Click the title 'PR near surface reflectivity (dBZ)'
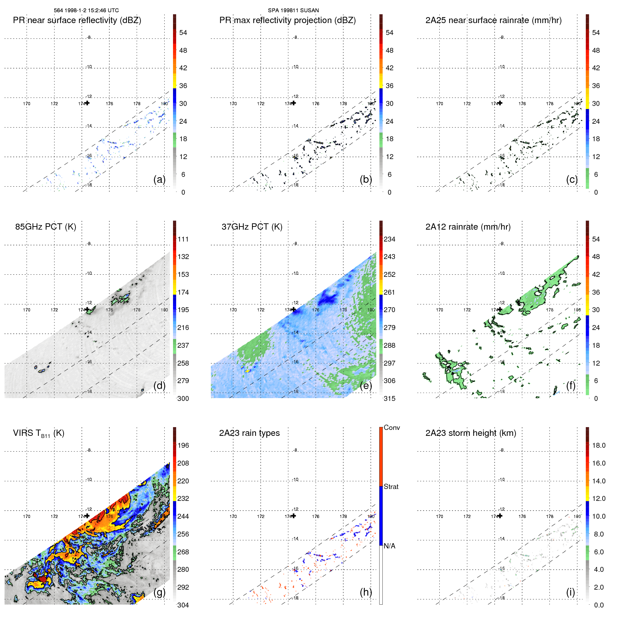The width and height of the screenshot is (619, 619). [77, 20]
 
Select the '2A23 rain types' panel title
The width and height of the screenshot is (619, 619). [249, 433]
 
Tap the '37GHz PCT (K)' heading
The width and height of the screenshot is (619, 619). [252, 227]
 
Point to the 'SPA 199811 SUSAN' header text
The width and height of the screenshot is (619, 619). [293, 10]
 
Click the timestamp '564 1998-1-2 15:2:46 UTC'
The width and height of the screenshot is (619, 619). [86, 10]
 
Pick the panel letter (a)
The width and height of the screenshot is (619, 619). [159, 179]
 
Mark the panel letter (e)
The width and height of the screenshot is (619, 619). [366, 386]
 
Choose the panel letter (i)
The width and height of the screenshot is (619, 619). [570, 592]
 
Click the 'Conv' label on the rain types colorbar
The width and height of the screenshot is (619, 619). [392, 427]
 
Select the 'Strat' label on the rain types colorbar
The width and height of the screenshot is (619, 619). [391, 487]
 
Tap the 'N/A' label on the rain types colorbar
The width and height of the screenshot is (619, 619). [389, 546]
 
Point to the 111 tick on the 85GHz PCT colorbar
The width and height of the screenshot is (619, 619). [183, 239]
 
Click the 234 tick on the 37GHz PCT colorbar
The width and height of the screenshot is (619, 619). [389, 239]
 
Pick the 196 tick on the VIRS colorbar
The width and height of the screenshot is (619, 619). [183, 445]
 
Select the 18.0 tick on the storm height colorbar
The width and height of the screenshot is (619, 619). [599, 445]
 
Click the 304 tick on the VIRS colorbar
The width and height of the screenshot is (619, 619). [183, 605]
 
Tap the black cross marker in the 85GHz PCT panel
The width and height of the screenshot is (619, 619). [87, 309]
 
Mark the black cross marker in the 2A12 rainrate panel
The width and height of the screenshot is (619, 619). [500, 309]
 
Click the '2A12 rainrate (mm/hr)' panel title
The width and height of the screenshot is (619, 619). [468, 227]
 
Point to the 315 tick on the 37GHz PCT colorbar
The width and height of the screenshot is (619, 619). [389, 398]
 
